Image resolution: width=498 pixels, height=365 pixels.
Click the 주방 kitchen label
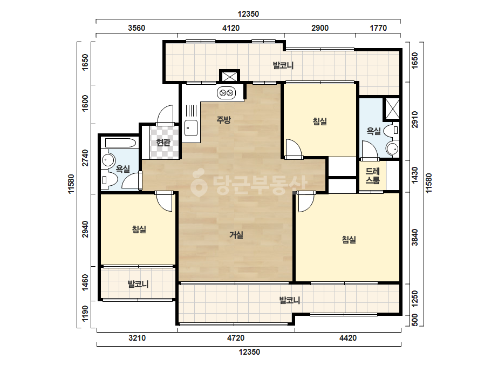coord(223,120)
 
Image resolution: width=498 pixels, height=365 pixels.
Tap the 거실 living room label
coord(236,235)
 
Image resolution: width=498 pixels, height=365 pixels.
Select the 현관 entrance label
coord(163,142)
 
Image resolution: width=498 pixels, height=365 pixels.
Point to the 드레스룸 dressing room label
coord(372,176)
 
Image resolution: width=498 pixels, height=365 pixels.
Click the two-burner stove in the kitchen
coord(227,93)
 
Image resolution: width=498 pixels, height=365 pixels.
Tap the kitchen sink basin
coord(191,128)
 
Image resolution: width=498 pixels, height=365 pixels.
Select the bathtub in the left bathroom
coord(120,143)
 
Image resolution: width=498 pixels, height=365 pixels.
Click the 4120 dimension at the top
coord(231,28)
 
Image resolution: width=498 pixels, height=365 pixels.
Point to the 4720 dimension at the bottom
coord(236,337)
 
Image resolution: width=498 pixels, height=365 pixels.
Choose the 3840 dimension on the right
coord(414,238)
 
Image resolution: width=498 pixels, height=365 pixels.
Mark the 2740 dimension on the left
coord(85,158)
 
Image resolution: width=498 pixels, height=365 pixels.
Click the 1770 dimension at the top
coord(378,28)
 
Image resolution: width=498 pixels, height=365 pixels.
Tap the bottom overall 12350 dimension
coord(249,352)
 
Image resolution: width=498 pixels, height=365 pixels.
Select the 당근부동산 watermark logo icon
coord(199,182)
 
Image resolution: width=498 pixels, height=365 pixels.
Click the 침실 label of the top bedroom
coord(320,121)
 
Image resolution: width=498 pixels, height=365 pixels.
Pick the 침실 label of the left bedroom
coord(139,229)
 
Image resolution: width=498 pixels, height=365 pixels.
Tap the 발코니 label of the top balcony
coord(283,65)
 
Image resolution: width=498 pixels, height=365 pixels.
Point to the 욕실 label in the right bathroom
coord(373,131)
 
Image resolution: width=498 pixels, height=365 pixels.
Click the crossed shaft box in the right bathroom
coord(392,109)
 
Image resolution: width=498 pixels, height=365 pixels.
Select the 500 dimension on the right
coord(414,320)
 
